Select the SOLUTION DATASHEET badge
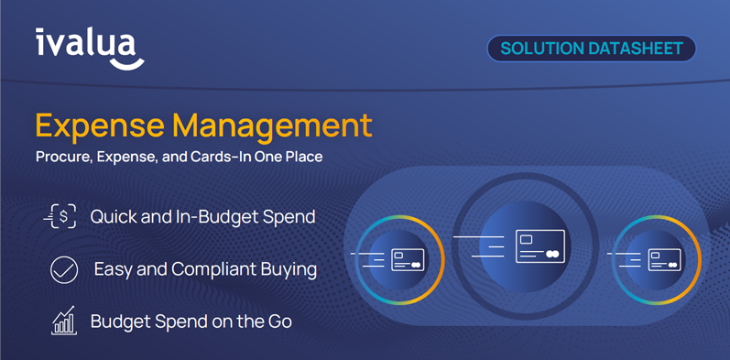[592, 49]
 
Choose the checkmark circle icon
[63, 270]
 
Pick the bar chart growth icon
[63, 321]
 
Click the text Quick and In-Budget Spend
[202, 217]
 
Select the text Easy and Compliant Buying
[205, 269]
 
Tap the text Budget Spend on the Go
[191, 322]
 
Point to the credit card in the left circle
[408, 260]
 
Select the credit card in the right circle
[664, 260]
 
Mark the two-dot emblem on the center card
[552, 254]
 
